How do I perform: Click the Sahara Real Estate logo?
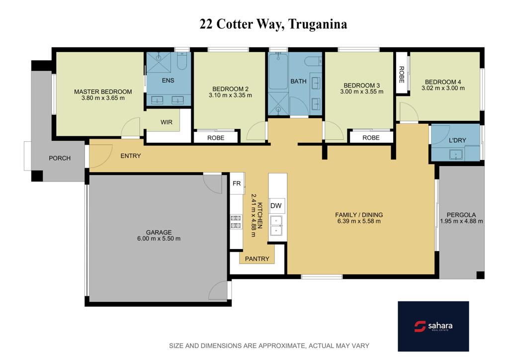433,326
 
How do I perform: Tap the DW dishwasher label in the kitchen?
276,205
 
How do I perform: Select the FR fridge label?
237,183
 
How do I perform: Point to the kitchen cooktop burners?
236,222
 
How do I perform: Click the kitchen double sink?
276,225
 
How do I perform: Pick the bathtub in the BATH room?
278,72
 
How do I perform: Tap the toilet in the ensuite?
182,61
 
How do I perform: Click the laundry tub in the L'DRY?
456,155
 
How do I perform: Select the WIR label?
167,122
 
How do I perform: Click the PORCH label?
60,159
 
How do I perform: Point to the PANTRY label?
257,259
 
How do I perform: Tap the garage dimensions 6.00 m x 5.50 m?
159,239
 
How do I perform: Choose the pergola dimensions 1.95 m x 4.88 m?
461,221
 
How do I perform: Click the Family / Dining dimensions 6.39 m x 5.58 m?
359,221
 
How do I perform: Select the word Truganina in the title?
318,24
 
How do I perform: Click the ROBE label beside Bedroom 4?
402,75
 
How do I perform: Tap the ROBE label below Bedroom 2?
216,138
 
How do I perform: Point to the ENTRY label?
131,156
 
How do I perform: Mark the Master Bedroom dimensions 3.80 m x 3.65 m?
103,98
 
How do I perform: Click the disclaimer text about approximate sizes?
269,346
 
